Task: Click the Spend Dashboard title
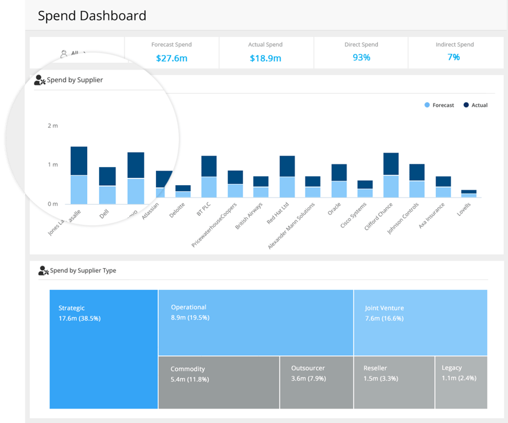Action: click(x=92, y=16)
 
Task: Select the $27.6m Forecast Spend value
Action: click(x=172, y=58)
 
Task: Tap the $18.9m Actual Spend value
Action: click(x=265, y=58)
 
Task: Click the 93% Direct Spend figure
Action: click(x=361, y=57)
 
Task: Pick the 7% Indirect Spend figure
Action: click(x=454, y=57)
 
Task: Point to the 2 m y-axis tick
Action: click(x=53, y=126)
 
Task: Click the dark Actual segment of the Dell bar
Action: click(x=108, y=176)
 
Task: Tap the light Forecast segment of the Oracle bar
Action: click(x=339, y=189)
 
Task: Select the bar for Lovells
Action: click(x=469, y=193)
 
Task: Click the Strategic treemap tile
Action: click(x=103, y=349)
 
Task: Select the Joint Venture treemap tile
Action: click(x=420, y=322)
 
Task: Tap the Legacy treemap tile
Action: click(x=460, y=382)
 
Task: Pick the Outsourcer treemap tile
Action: click(x=316, y=382)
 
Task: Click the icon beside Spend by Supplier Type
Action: click(x=43, y=271)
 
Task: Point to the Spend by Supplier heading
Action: click(x=75, y=80)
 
